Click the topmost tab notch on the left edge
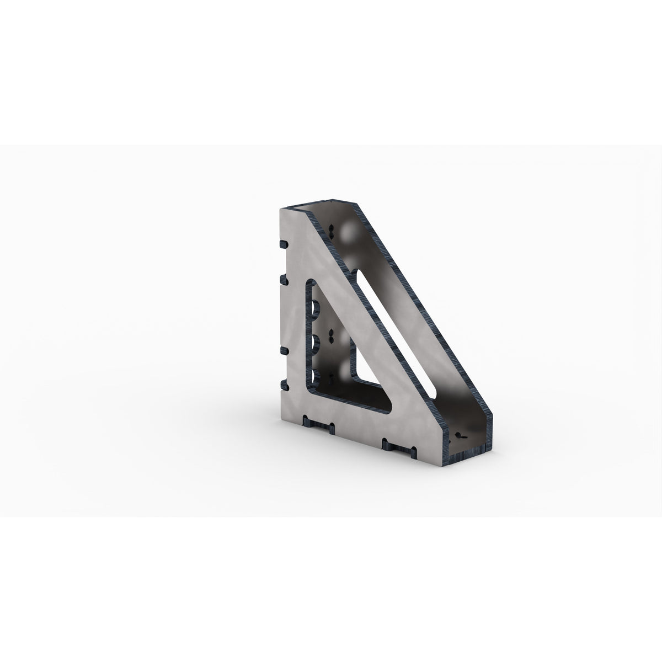(284, 244)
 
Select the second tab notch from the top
(284, 281)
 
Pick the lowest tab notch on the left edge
(284, 385)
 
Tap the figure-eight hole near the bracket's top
(331, 230)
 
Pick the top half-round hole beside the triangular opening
(317, 307)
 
